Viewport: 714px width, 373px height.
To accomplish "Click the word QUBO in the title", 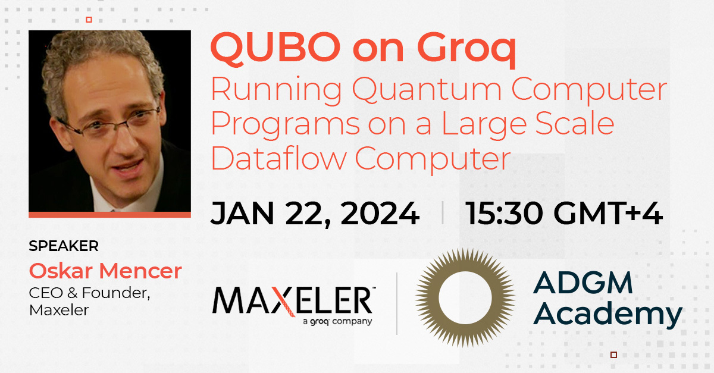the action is (x=275, y=48).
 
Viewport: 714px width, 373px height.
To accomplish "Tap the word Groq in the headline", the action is (x=466, y=50).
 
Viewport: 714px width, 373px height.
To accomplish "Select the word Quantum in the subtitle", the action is (x=427, y=90).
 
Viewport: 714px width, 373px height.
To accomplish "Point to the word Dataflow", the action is (x=279, y=158).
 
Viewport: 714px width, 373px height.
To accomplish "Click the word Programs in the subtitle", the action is (x=286, y=126).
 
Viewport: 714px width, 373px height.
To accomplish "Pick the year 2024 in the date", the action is (x=380, y=214).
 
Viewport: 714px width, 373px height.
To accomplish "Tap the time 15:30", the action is (x=505, y=214).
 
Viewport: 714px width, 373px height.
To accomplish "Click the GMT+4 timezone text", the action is (x=608, y=214).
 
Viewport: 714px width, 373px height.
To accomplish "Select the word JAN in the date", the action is (x=242, y=214).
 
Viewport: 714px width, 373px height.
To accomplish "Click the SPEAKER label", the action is (x=64, y=246).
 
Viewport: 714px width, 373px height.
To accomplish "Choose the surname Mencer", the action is (x=140, y=271).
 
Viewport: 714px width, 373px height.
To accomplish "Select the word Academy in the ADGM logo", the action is (x=607, y=315).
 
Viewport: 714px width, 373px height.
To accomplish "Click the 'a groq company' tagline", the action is (x=337, y=321).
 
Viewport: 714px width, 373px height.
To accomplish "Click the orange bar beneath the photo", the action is (x=109, y=215).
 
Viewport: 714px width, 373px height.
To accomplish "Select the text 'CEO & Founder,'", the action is (x=90, y=293).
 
